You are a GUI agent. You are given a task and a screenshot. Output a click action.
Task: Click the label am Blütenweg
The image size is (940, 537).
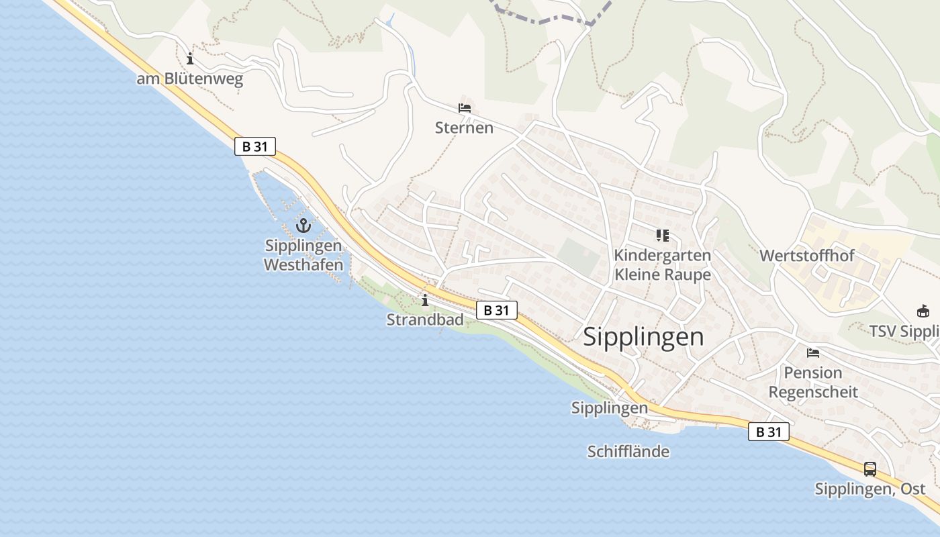pyautogui.click(x=189, y=79)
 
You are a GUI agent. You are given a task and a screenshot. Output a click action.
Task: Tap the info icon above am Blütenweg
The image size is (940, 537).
pyautogui.click(x=190, y=58)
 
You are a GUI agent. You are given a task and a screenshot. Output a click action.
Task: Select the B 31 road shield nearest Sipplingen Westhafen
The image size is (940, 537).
pyautogui.click(x=255, y=146)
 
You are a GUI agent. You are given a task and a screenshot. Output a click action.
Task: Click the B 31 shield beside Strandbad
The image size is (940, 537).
pyautogui.click(x=497, y=309)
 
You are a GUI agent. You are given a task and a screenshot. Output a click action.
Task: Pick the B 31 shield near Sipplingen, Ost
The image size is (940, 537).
pyautogui.click(x=769, y=432)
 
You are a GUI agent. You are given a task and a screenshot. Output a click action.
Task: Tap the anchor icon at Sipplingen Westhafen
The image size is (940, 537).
pyautogui.click(x=303, y=226)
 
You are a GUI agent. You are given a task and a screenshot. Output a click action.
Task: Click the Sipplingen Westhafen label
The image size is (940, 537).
pyautogui.click(x=303, y=255)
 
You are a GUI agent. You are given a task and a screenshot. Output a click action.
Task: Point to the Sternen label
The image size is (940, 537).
pyautogui.click(x=464, y=128)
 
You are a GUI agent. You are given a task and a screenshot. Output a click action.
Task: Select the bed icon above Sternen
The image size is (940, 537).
pyautogui.click(x=465, y=107)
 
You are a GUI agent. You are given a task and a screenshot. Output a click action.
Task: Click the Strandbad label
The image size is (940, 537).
pyautogui.click(x=425, y=320)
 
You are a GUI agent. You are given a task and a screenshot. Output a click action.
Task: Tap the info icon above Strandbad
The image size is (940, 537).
pyautogui.click(x=424, y=300)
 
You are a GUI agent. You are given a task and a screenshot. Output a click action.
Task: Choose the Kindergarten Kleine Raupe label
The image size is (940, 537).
pyautogui.click(x=662, y=264)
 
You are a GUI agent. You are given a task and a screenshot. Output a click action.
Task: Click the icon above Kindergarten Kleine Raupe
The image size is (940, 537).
pyautogui.click(x=663, y=235)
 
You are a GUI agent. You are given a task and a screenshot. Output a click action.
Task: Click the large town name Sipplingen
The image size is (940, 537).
pyautogui.click(x=643, y=336)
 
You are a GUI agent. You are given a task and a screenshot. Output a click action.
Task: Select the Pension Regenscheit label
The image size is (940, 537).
pyautogui.click(x=813, y=382)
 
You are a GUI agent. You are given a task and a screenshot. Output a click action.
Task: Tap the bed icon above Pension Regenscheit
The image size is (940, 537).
pyautogui.click(x=813, y=352)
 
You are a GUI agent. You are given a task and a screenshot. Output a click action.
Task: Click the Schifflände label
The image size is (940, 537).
pyautogui.click(x=628, y=452)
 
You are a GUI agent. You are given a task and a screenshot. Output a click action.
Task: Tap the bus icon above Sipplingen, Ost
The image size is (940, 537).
pyautogui.click(x=870, y=469)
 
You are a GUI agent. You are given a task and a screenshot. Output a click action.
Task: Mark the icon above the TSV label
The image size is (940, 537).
pyautogui.click(x=923, y=311)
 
